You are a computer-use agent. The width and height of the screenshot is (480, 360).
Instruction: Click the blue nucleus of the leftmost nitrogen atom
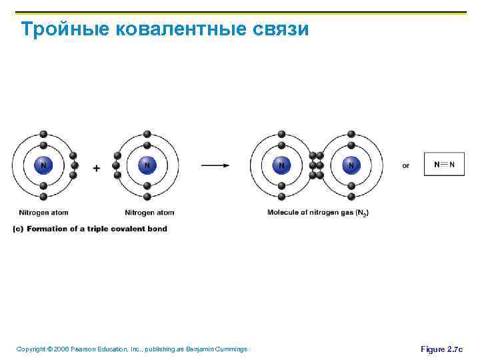(43, 165)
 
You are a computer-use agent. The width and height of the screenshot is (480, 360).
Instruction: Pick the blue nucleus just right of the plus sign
(147, 165)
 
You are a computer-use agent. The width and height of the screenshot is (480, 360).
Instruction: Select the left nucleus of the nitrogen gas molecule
(281, 165)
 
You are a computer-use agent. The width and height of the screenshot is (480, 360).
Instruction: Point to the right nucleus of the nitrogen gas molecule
(351, 165)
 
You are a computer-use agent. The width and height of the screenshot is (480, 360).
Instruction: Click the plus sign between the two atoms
(97, 169)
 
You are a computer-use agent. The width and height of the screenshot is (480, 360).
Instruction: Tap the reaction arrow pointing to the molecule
(215, 165)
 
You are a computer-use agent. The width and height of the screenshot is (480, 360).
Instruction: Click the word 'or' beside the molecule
(405, 165)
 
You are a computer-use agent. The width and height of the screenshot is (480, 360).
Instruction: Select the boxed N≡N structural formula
(444, 164)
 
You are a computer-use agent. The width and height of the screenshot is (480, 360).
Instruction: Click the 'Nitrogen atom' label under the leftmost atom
(43, 213)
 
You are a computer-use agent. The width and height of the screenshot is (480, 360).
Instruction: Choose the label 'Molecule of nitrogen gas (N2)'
(318, 213)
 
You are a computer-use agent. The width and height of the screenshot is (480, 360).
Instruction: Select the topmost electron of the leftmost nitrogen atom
(43, 133)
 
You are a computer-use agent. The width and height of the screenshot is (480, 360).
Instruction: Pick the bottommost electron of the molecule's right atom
(351, 197)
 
